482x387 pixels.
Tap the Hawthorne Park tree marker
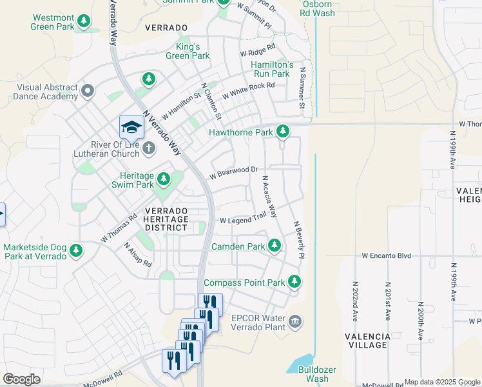[x=282, y=132]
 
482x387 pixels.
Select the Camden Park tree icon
[x=275, y=246]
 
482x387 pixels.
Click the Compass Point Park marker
[x=294, y=282]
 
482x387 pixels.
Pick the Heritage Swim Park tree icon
[x=164, y=178]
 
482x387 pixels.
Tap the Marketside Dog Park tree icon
[x=77, y=250]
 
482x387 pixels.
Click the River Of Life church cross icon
[x=149, y=149]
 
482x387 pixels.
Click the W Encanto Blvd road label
[x=386, y=255]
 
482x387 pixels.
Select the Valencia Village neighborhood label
[x=367, y=341]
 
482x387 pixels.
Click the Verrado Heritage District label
[x=166, y=219]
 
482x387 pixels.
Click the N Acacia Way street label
[x=269, y=196]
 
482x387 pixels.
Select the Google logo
[x=21, y=379]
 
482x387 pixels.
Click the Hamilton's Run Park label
[x=272, y=70]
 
